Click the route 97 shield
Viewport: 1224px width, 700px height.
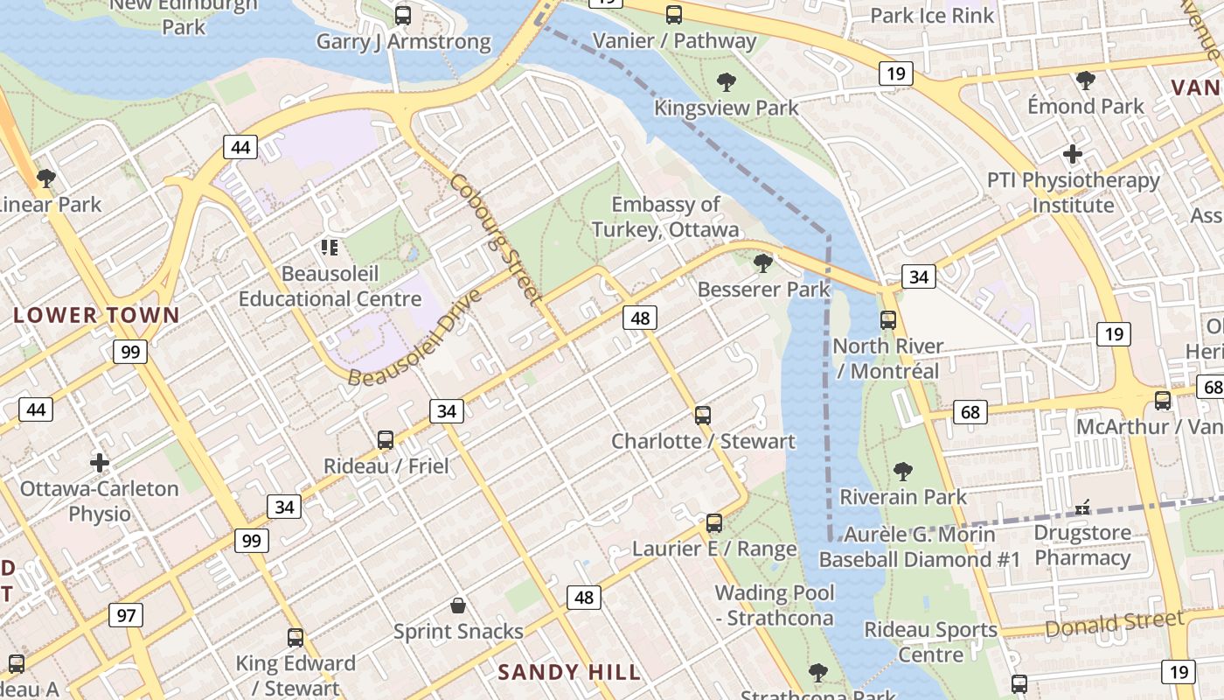126,615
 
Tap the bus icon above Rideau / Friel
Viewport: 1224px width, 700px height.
386,439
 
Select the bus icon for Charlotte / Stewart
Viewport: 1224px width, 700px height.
703,415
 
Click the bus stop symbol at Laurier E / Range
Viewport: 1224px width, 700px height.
714,523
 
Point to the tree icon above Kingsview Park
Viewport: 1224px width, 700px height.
726,82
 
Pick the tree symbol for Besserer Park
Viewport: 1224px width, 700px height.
763,262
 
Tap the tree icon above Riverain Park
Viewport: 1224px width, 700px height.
903,472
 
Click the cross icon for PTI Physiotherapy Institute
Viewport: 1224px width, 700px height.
1073,155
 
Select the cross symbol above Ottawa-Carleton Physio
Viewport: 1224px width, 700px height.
100,462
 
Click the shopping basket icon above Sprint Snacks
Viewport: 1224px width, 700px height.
457,605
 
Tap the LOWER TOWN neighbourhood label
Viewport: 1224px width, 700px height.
96,315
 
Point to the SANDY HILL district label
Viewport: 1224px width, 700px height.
569,672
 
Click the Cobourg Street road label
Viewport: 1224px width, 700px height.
496,238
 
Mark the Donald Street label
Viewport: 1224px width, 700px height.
1114,624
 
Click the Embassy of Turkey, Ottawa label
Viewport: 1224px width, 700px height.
665,217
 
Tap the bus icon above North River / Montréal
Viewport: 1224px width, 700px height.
888,320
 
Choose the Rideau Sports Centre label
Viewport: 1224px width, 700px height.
930,641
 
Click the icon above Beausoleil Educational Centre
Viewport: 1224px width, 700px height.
330,248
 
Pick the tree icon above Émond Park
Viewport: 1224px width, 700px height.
1086,80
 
